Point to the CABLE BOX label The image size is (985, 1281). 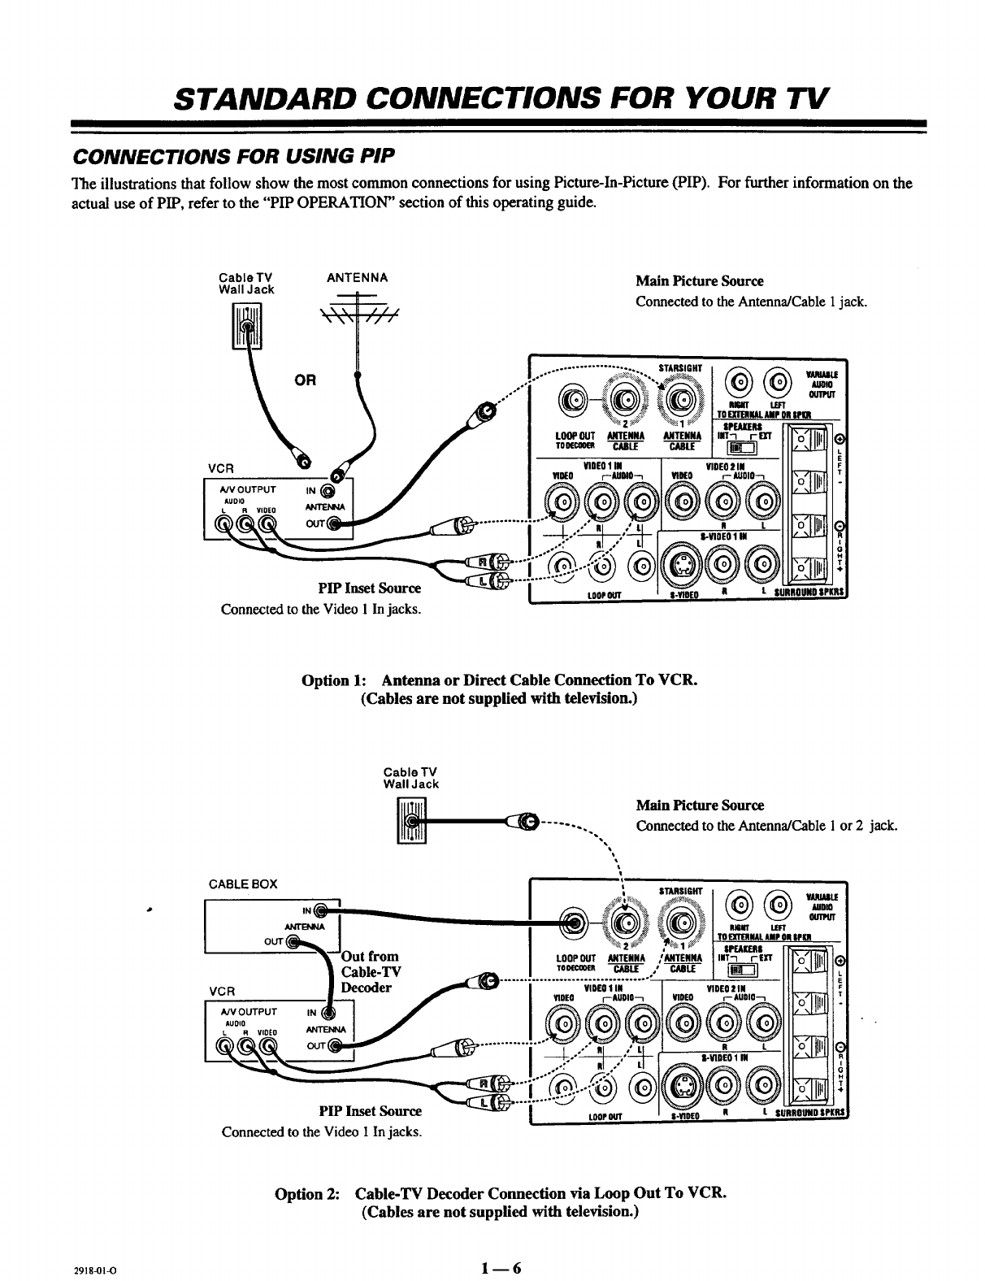(242, 884)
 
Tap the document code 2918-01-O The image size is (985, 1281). (103, 1270)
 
